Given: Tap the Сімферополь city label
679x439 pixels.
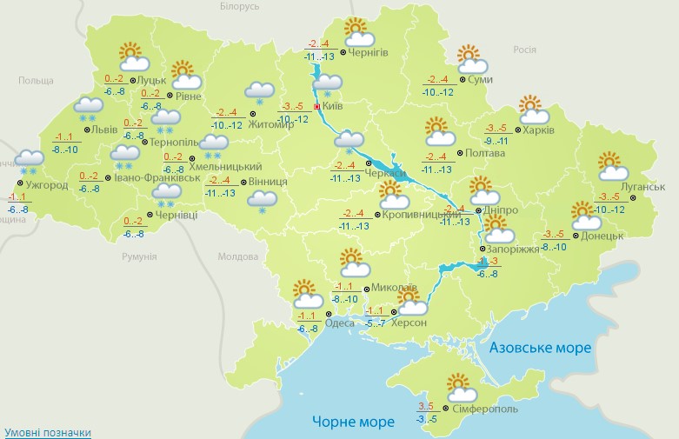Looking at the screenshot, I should [x=485, y=409].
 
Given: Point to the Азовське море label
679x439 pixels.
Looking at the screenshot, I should [x=540, y=348].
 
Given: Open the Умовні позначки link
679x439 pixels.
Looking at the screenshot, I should [x=47, y=432].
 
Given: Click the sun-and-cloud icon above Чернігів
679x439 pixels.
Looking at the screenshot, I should [x=357, y=32].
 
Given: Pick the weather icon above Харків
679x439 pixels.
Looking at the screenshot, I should [x=534, y=110].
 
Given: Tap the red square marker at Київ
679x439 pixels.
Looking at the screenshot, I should [x=317, y=107].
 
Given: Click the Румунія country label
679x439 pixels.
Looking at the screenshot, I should [x=139, y=256].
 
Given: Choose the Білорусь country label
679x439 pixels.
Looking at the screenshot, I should [x=239, y=6].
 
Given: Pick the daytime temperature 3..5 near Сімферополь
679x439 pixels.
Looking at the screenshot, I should [x=425, y=406].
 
